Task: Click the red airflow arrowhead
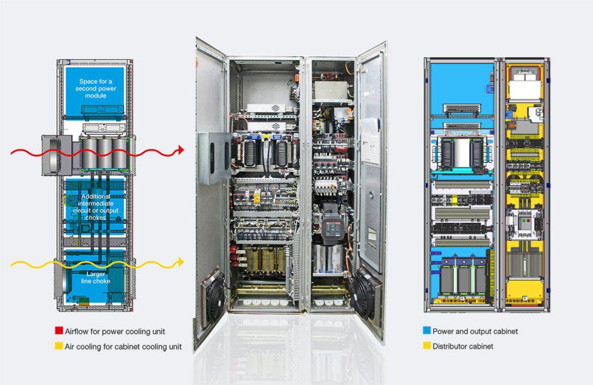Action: [x=181, y=150]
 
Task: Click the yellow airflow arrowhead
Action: [x=181, y=262]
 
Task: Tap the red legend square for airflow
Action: [x=59, y=331]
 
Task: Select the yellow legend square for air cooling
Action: [x=59, y=345]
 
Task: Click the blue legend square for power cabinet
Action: [x=427, y=331]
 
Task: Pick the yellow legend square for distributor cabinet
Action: [x=427, y=345]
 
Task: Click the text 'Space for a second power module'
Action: [x=96, y=88]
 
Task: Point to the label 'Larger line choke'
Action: [x=96, y=277]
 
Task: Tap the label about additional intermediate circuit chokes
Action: [x=96, y=207]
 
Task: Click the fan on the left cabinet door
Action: [x=213, y=296]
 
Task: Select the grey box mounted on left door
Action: [x=214, y=157]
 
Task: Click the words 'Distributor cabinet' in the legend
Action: [x=463, y=346]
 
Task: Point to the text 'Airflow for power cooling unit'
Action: [x=115, y=331]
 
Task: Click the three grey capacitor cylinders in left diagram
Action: [x=104, y=153]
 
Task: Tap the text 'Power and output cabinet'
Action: [x=475, y=331]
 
